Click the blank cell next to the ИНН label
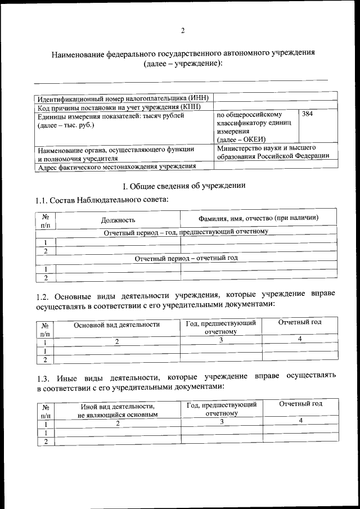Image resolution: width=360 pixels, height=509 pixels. click(x=276, y=98)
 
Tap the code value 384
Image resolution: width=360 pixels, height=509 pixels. click(x=308, y=115)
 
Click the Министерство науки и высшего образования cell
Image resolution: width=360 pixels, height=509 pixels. click(x=273, y=152)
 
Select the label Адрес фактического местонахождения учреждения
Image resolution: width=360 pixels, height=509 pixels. click(x=116, y=166)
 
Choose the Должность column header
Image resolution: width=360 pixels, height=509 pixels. click(x=118, y=220)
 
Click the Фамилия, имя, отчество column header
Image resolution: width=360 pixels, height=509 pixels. click(x=259, y=218)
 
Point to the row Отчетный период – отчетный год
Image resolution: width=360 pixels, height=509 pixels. click(x=186, y=258)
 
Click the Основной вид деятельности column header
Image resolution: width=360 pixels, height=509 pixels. click(x=117, y=325)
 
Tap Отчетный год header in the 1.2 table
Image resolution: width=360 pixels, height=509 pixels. click(x=300, y=322)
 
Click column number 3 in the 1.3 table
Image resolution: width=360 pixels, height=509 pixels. click(x=222, y=422)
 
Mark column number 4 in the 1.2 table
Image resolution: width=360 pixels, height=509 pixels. click(x=300, y=339)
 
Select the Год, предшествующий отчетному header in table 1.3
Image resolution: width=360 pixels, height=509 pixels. click(x=222, y=409)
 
